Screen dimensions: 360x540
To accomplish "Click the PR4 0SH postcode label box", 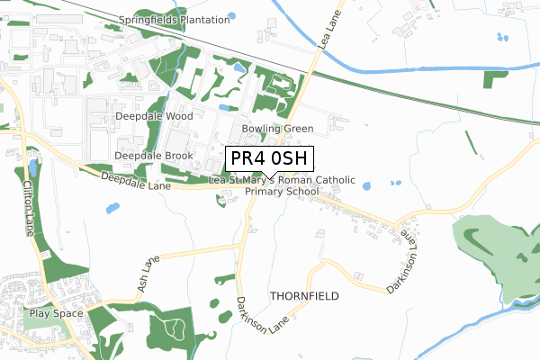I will click(269, 158).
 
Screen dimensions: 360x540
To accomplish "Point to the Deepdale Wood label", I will click(154, 117).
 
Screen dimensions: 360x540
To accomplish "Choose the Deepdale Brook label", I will click(155, 156).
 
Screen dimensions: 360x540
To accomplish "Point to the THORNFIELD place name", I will click(304, 295).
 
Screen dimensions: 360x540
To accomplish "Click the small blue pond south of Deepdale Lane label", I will click(112, 208).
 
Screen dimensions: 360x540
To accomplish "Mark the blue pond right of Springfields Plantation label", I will click(231, 15).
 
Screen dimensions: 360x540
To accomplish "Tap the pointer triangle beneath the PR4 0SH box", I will click(269, 175).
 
